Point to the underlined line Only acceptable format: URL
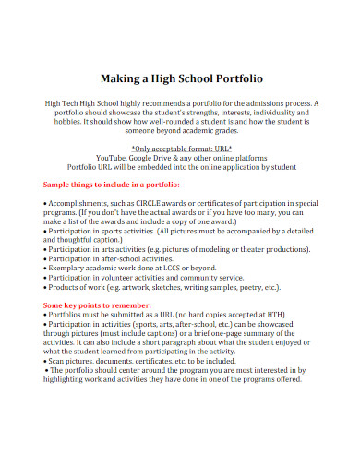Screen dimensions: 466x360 180,147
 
